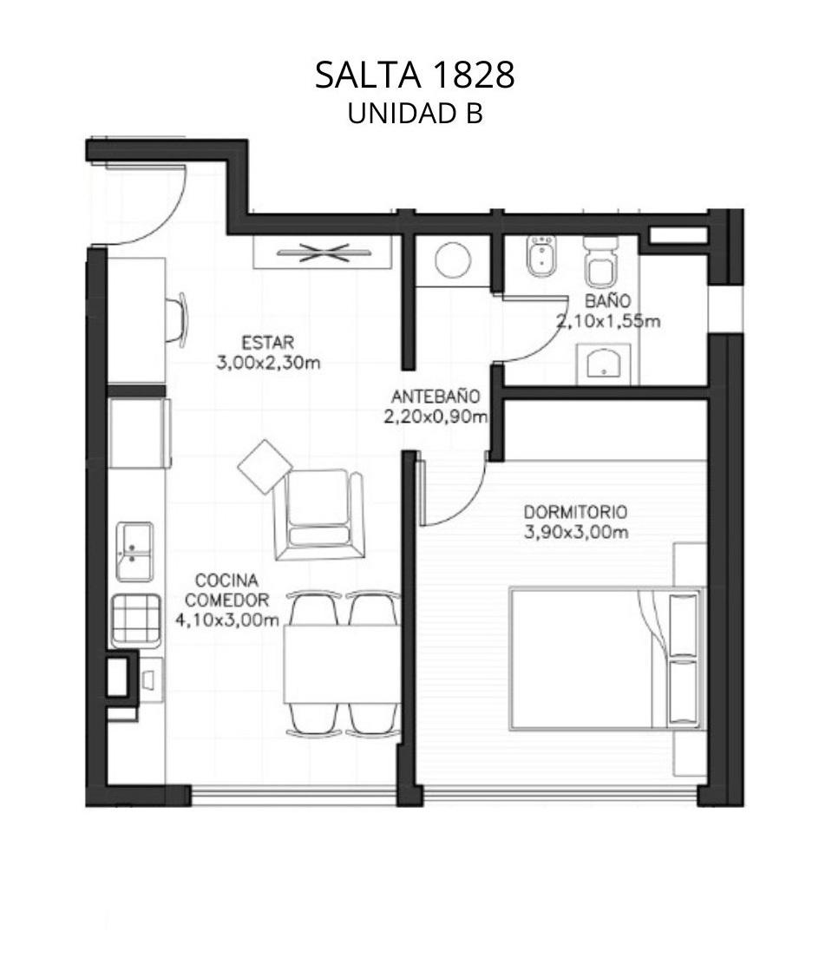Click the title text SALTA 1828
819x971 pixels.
click(415, 75)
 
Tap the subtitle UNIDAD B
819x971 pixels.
click(415, 114)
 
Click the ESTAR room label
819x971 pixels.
click(267, 343)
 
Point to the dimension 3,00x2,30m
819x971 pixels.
click(268, 363)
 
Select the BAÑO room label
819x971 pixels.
click(607, 301)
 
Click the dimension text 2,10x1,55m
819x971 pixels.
click(607, 321)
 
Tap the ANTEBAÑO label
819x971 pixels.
click(436, 397)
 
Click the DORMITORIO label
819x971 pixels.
click(575, 512)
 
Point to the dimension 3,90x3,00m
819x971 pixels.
click(576, 533)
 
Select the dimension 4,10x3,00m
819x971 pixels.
click(226, 620)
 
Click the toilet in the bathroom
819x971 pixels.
click(600, 263)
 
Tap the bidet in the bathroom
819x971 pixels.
click(541, 255)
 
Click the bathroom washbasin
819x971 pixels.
click(604, 364)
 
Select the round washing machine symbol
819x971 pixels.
click(453, 259)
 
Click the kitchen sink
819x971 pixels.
click(134, 552)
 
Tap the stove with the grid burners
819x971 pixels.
click(136, 620)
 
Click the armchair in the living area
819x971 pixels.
click(318, 515)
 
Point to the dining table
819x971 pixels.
click(341, 664)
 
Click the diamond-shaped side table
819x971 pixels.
click(265, 466)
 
